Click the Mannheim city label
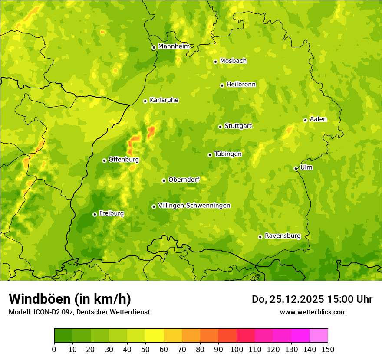174,46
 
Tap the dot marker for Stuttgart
220,127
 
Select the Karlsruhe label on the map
164,100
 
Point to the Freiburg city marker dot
95,214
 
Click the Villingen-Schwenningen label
194,206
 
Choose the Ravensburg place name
283,236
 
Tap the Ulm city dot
296,168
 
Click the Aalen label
318,119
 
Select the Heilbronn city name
241,84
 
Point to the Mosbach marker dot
215,62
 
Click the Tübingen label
228,154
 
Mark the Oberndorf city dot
164,180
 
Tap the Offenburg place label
124,160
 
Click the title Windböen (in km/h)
70,299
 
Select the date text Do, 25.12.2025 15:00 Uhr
312,299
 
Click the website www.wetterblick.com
313,312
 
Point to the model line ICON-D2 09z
79,312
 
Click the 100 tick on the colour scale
237,349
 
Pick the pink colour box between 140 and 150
319,336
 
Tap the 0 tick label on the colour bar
54,349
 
